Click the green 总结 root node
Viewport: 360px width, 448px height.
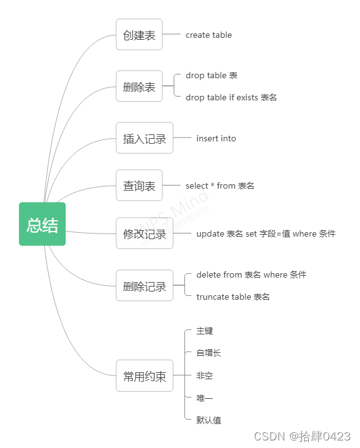pyautogui.click(x=42, y=224)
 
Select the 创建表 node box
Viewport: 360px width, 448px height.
pyautogui.click(x=139, y=35)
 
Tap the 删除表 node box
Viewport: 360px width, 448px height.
pyautogui.click(x=139, y=86)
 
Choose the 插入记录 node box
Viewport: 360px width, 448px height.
pyautogui.click(x=145, y=138)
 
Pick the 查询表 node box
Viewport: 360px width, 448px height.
pyautogui.click(x=139, y=186)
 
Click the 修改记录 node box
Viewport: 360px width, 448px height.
pyautogui.click(x=145, y=233)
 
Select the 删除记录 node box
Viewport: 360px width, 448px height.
pyautogui.click(x=145, y=286)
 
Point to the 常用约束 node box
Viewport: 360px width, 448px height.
pyautogui.click(x=145, y=376)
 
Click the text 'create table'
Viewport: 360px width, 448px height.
pyautogui.click(x=208, y=35)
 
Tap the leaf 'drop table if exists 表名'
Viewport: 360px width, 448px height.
pyautogui.click(x=231, y=97)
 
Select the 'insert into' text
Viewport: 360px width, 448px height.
pyautogui.click(x=216, y=138)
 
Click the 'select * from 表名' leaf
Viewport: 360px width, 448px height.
pyautogui.click(x=220, y=186)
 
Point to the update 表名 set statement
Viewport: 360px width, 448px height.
pyautogui.click(x=266, y=233)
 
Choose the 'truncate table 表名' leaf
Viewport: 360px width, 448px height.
pyautogui.click(x=233, y=297)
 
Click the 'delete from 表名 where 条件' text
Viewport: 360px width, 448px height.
pyautogui.click(x=251, y=274)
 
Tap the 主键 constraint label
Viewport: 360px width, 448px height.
pyautogui.click(x=205, y=331)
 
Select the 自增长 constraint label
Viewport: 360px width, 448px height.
pyautogui.click(x=208, y=353)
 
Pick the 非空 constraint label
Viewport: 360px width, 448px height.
pyautogui.click(x=205, y=375)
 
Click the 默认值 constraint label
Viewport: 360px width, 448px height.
pyautogui.click(x=208, y=420)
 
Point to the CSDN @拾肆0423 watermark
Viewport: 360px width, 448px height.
pyautogui.click(x=302, y=436)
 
